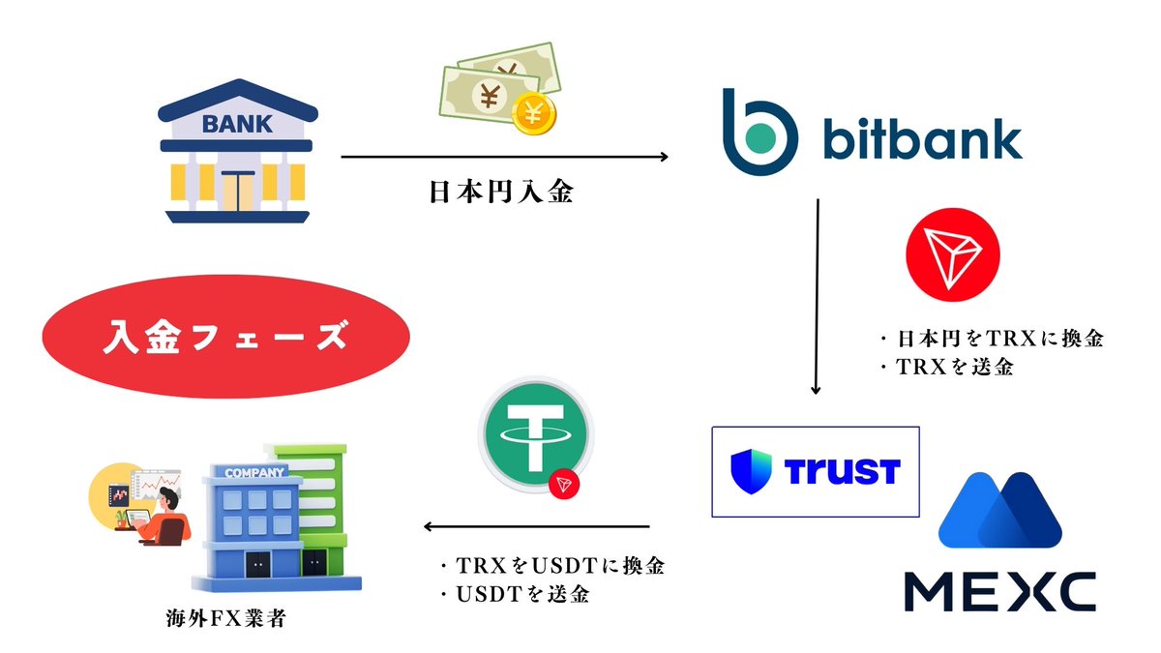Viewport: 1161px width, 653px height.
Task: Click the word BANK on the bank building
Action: click(237, 125)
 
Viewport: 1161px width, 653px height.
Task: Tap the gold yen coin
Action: click(534, 113)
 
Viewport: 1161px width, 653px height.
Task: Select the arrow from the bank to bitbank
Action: click(504, 157)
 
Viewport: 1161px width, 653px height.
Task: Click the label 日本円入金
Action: click(502, 192)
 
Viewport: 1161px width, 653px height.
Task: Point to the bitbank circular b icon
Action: click(759, 133)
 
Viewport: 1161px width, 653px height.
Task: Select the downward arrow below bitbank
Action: click(817, 296)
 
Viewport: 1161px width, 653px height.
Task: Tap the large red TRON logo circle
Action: click(953, 254)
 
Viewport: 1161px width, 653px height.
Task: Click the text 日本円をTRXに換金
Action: click(1000, 339)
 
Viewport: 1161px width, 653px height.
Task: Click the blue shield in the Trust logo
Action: click(751, 471)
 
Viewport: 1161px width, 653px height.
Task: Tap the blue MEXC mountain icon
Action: click(1000, 510)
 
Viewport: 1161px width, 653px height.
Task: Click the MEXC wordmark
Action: click(1000, 592)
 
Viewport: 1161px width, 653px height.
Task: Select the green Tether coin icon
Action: click(535, 433)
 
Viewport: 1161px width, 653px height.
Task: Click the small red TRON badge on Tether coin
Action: click(564, 484)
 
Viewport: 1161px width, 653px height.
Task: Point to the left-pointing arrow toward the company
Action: click(536, 526)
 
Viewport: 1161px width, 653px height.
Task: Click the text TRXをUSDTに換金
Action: click(560, 565)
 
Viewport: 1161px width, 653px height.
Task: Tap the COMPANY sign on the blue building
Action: click(254, 473)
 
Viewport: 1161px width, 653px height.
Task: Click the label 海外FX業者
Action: click(226, 618)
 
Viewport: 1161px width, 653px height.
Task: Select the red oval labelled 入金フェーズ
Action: click(226, 337)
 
